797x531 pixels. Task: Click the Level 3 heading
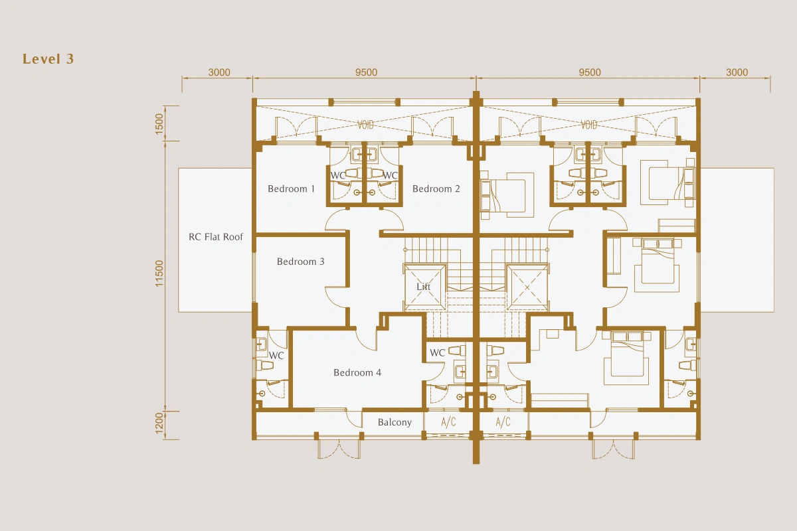tap(48, 59)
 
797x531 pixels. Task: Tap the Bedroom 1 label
tap(291, 189)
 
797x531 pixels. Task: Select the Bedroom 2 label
tap(436, 189)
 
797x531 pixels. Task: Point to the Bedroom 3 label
tap(300, 262)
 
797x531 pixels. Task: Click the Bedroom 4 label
tap(357, 372)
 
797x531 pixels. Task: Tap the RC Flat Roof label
tap(216, 236)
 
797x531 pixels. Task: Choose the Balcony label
tap(395, 422)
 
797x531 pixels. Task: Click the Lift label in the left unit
tap(424, 286)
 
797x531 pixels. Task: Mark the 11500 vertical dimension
tap(159, 273)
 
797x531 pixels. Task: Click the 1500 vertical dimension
tap(159, 123)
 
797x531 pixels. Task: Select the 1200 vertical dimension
tap(159, 423)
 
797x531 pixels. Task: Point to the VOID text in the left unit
tap(366, 125)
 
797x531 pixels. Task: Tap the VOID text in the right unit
tap(589, 125)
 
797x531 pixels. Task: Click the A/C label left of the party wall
tap(448, 421)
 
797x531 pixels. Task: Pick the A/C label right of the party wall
tap(503, 421)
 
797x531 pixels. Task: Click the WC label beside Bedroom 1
tap(337, 175)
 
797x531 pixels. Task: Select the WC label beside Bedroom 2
tap(391, 175)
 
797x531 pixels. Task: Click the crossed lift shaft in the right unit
tap(527, 287)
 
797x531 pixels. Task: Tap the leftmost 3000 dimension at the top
tap(219, 72)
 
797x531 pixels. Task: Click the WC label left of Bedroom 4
tap(276, 355)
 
